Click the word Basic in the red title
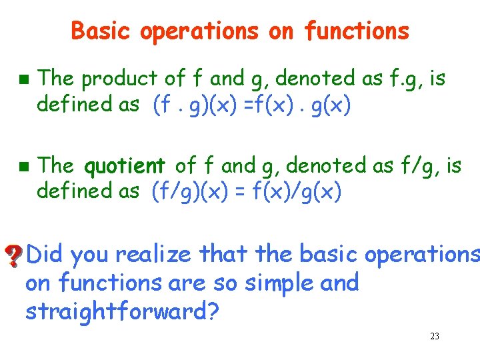(95, 31)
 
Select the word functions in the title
(357, 31)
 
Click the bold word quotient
(125, 165)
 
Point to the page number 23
(435, 337)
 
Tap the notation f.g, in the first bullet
(405, 79)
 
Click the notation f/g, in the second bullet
(407, 165)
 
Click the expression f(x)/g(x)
(299, 191)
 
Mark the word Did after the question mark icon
(45, 254)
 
